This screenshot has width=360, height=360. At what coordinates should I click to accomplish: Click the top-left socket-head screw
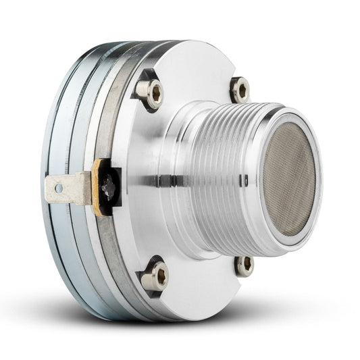[x=149, y=93]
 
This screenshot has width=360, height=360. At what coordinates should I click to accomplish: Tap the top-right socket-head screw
[x=240, y=89]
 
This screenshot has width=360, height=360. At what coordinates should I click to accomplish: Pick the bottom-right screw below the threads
[x=244, y=265]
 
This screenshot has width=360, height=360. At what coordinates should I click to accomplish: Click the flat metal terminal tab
[x=68, y=188]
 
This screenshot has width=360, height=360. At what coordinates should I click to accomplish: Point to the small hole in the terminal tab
[x=59, y=188]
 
